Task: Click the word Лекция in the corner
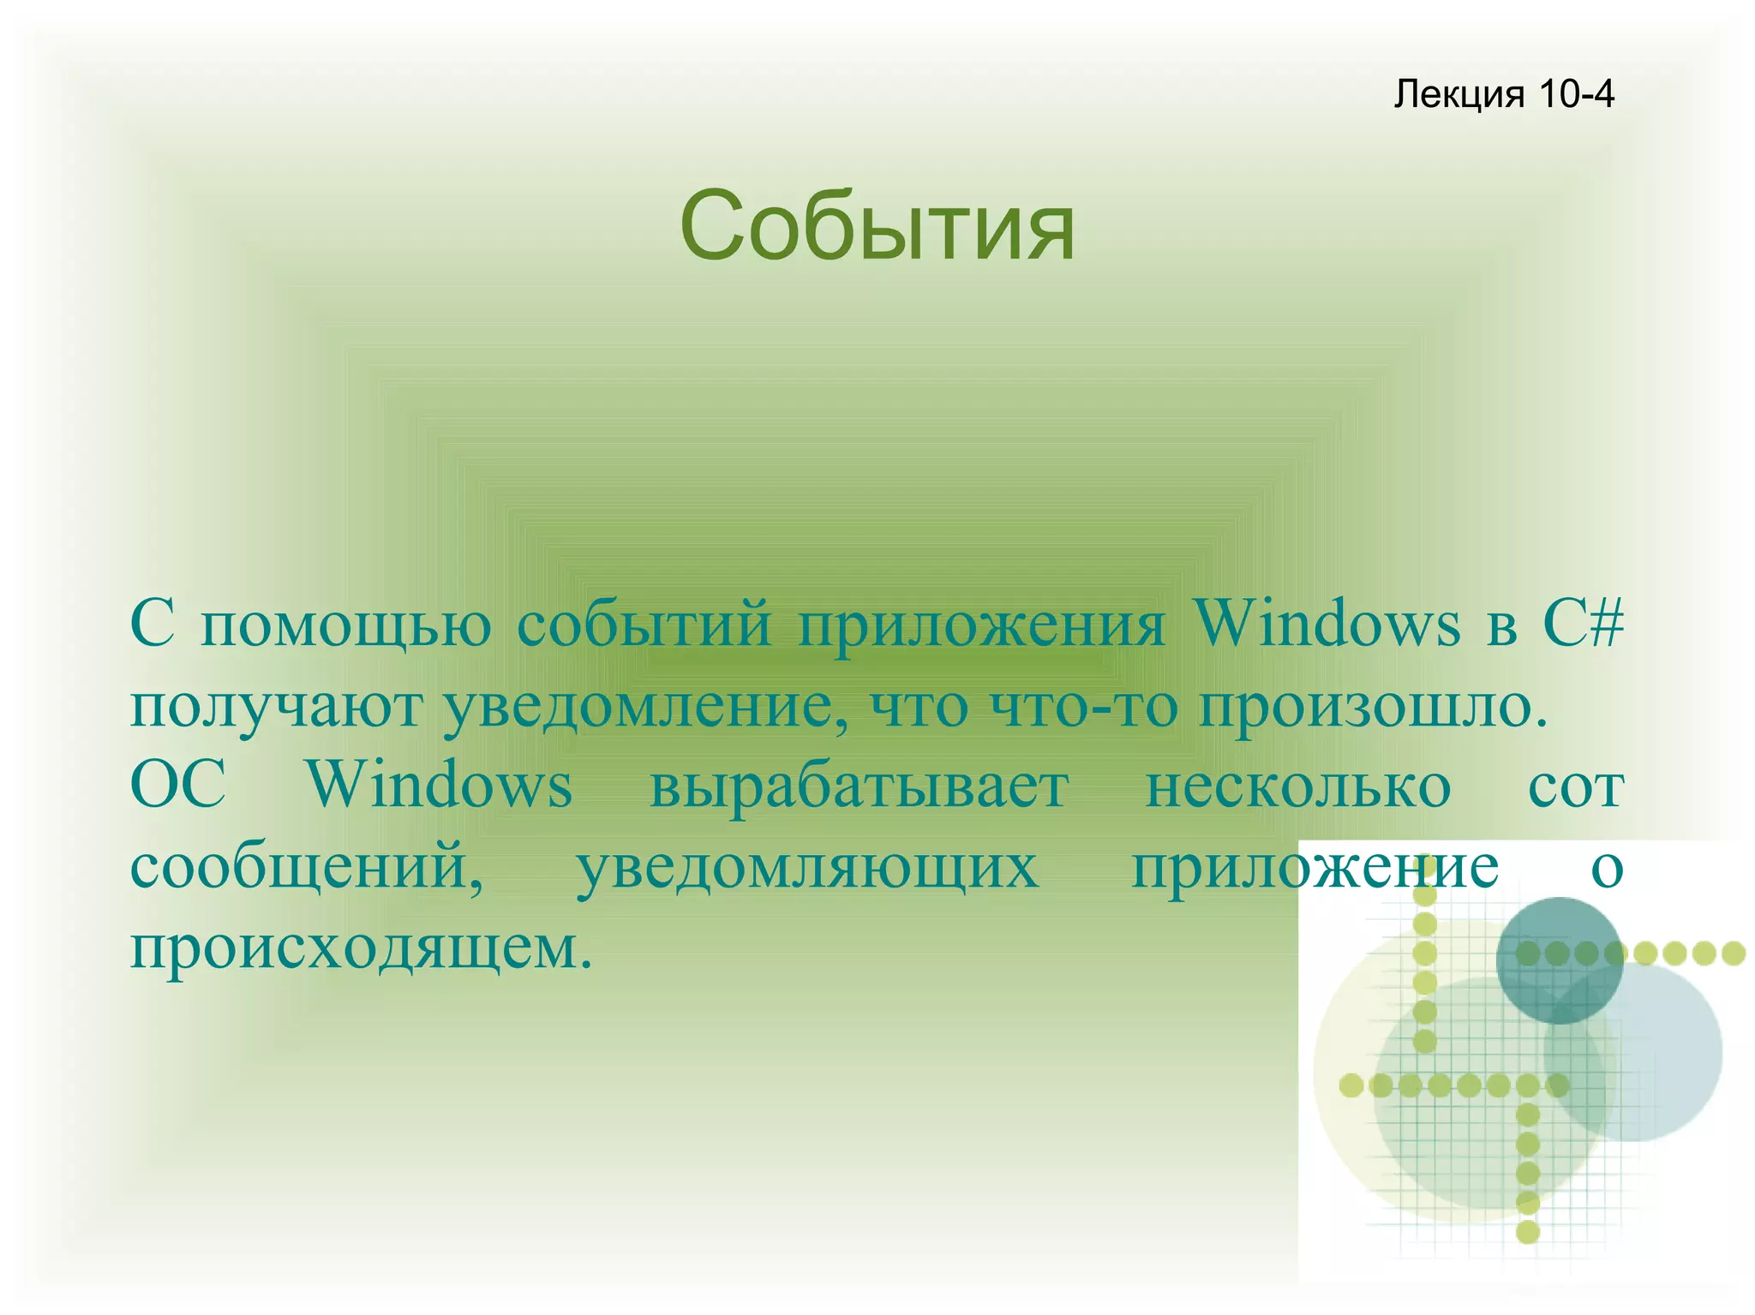tap(1459, 94)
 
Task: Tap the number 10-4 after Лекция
tap(1576, 94)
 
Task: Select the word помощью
tap(345, 625)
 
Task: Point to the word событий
tap(644, 625)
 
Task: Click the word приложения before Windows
tap(981, 625)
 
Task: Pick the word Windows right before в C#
tap(1327, 625)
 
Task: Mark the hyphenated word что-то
tap(1083, 708)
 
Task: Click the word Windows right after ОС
tap(440, 786)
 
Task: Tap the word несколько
tap(1297, 786)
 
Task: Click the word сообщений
tap(306, 867)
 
